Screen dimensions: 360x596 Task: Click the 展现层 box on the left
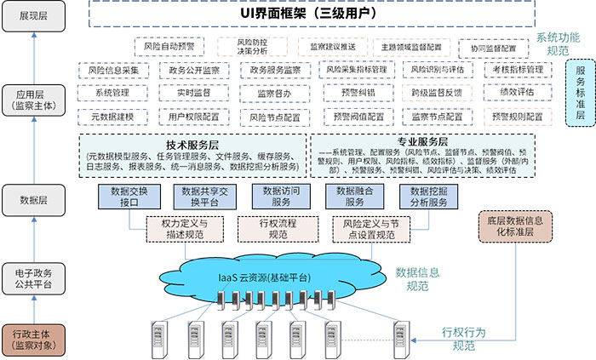[x=32, y=18]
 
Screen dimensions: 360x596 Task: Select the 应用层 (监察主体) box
[x=32, y=100]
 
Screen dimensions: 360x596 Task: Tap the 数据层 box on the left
[x=32, y=201]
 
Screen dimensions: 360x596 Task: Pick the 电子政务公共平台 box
[x=32, y=279]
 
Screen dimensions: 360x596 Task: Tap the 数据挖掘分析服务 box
[x=428, y=197]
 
